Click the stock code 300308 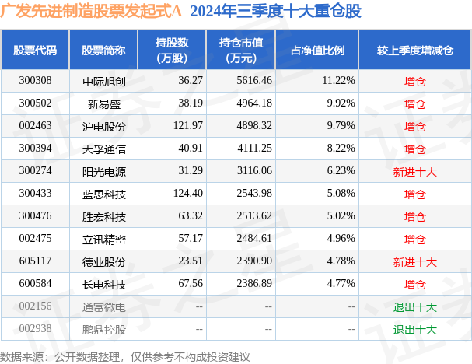click(x=35, y=81)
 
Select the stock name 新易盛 click(x=104, y=104)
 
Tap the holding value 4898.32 click(x=254, y=125)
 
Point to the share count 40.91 click(x=191, y=148)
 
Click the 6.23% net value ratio click(x=341, y=170)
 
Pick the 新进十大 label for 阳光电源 click(x=414, y=172)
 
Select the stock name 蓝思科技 click(x=104, y=194)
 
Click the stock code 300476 click(x=35, y=216)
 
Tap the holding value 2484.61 click(x=254, y=239)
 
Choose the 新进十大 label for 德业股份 click(x=414, y=262)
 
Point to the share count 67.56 click(x=191, y=284)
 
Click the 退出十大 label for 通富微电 click(x=414, y=307)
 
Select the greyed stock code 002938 click(x=35, y=329)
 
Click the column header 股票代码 click(x=35, y=51)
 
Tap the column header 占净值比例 click(x=317, y=51)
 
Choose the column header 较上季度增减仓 click(x=414, y=51)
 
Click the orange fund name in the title click(x=91, y=11)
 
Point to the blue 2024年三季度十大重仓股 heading click(x=276, y=11)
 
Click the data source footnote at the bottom click(x=125, y=357)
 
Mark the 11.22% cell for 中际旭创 click(x=339, y=81)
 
